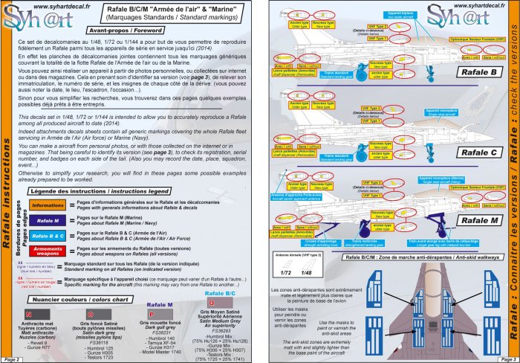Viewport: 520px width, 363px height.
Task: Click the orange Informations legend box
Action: tap(48, 205)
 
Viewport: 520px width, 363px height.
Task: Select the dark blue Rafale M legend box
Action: tap(48, 221)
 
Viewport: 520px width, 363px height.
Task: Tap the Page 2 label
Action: tap(13, 358)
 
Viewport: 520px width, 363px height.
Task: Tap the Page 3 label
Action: tap(507, 358)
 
